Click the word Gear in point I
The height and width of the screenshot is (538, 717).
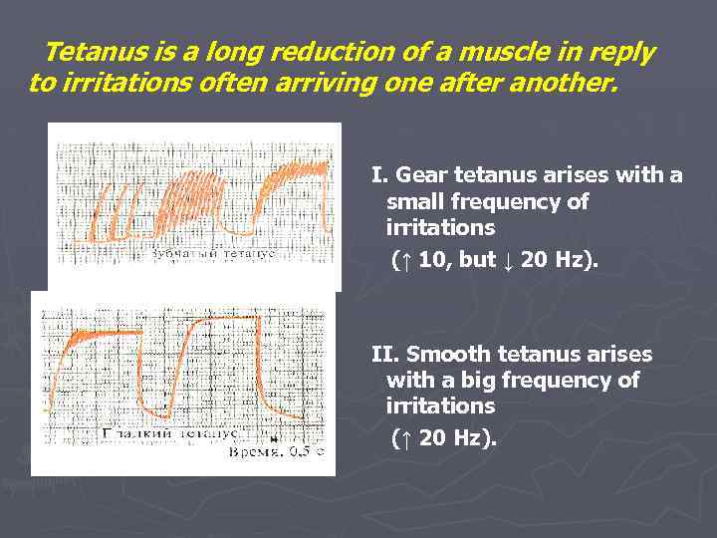(419, 176)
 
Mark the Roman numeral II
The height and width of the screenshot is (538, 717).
(383, 355)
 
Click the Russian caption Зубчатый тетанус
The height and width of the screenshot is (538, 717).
(212, 254)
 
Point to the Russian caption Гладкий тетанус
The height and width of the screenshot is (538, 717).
(169, 433)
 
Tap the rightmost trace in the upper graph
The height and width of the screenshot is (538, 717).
(289, 189)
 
